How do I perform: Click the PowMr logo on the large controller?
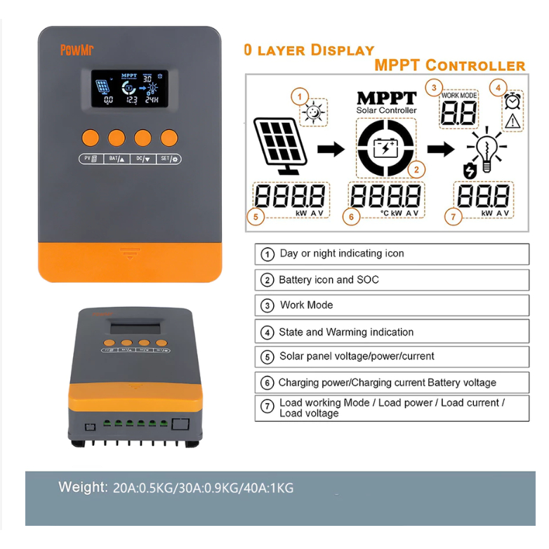[72, 51]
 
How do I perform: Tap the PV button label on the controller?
[91, 159]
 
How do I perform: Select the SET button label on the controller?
[168, 159]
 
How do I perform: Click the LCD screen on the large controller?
[129, 88]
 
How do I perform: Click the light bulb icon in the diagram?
[484, 150]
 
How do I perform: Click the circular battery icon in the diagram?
[385, 147]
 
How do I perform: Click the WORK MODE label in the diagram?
[458, 95]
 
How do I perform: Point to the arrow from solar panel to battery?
[331, 148]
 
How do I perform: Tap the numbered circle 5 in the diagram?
[256, 217]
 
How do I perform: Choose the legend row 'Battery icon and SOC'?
[391, 279]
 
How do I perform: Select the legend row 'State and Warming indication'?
[391, 331]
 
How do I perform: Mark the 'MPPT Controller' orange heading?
[449, 66]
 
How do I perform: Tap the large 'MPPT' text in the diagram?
[386, 98]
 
